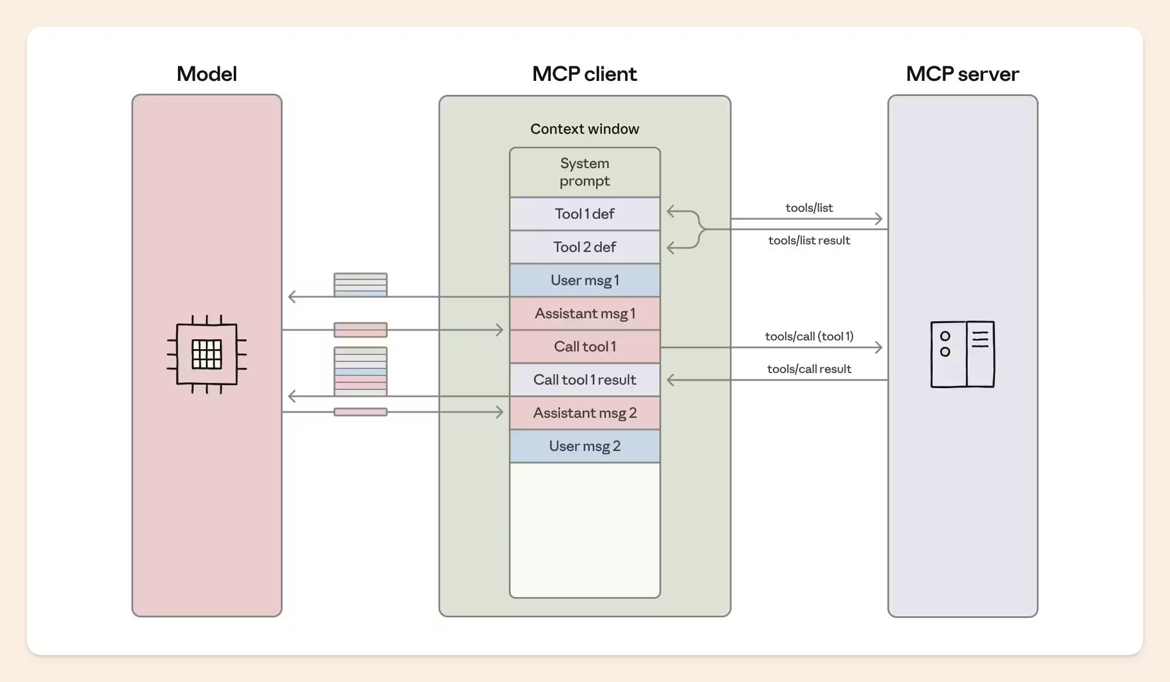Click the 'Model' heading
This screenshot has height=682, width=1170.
(x=206, y=74)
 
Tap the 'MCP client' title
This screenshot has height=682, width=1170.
(x=584, y=74)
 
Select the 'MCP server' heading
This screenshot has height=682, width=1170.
(x=962, y=74)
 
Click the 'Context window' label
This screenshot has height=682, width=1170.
(x=584, y=129)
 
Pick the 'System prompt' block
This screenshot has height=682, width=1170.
(x=585, y=172)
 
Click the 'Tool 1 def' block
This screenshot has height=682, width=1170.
(x=585, y=214)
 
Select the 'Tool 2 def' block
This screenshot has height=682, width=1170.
(x=585, y=247)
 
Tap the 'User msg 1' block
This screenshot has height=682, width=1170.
(x=585, y=280)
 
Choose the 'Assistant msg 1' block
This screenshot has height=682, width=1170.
(x=585, y=314)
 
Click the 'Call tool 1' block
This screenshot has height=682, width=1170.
(x=585, y=347)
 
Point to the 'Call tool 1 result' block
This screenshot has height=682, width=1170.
(x=585, y=380)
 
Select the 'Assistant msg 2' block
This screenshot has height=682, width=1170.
(x=585, y=413)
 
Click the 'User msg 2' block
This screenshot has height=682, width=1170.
(x=585, y=446)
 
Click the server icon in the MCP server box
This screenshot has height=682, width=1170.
(x=962, y=354)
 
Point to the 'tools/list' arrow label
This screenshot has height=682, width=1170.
(x=809, y=208)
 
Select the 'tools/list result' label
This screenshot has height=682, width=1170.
(x=809, y=240)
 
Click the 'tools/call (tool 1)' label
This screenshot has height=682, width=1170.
(x=809, y=336)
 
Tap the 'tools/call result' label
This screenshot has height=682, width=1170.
(x=809, y=369)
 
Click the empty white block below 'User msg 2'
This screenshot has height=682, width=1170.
(x=585, y=530)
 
